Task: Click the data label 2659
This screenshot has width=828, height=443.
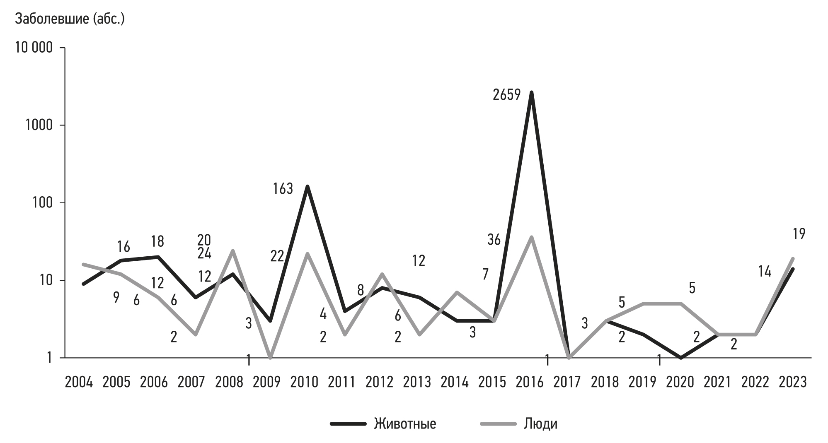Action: click(x=506, y=95)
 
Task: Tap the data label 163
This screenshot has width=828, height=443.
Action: click(x=283, y=189)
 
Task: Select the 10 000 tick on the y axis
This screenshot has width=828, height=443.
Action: click(x=34, y=48)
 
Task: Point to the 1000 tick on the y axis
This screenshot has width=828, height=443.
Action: click(x=39, y=125)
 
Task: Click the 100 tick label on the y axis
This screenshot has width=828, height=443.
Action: click(x=43, y=203)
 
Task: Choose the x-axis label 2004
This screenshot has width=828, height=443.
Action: click(x=79, y=382)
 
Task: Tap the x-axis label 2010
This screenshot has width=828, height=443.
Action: click(x=304, y=382)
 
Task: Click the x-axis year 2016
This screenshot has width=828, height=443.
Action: click(x=530, y=382)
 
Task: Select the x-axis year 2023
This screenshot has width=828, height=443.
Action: click(x=793, y=382)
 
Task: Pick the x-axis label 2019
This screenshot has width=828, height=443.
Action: click(x=642, y=382)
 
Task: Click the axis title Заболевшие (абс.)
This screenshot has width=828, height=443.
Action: click(x=70, y=19)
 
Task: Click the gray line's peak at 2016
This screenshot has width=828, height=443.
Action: click(x=531, y=237)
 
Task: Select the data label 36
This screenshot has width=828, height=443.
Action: click(x=494, y=240)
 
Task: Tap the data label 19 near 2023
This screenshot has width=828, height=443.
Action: click(x=799, y=234)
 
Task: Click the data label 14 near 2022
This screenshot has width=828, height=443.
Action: click(x=765, y=272)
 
